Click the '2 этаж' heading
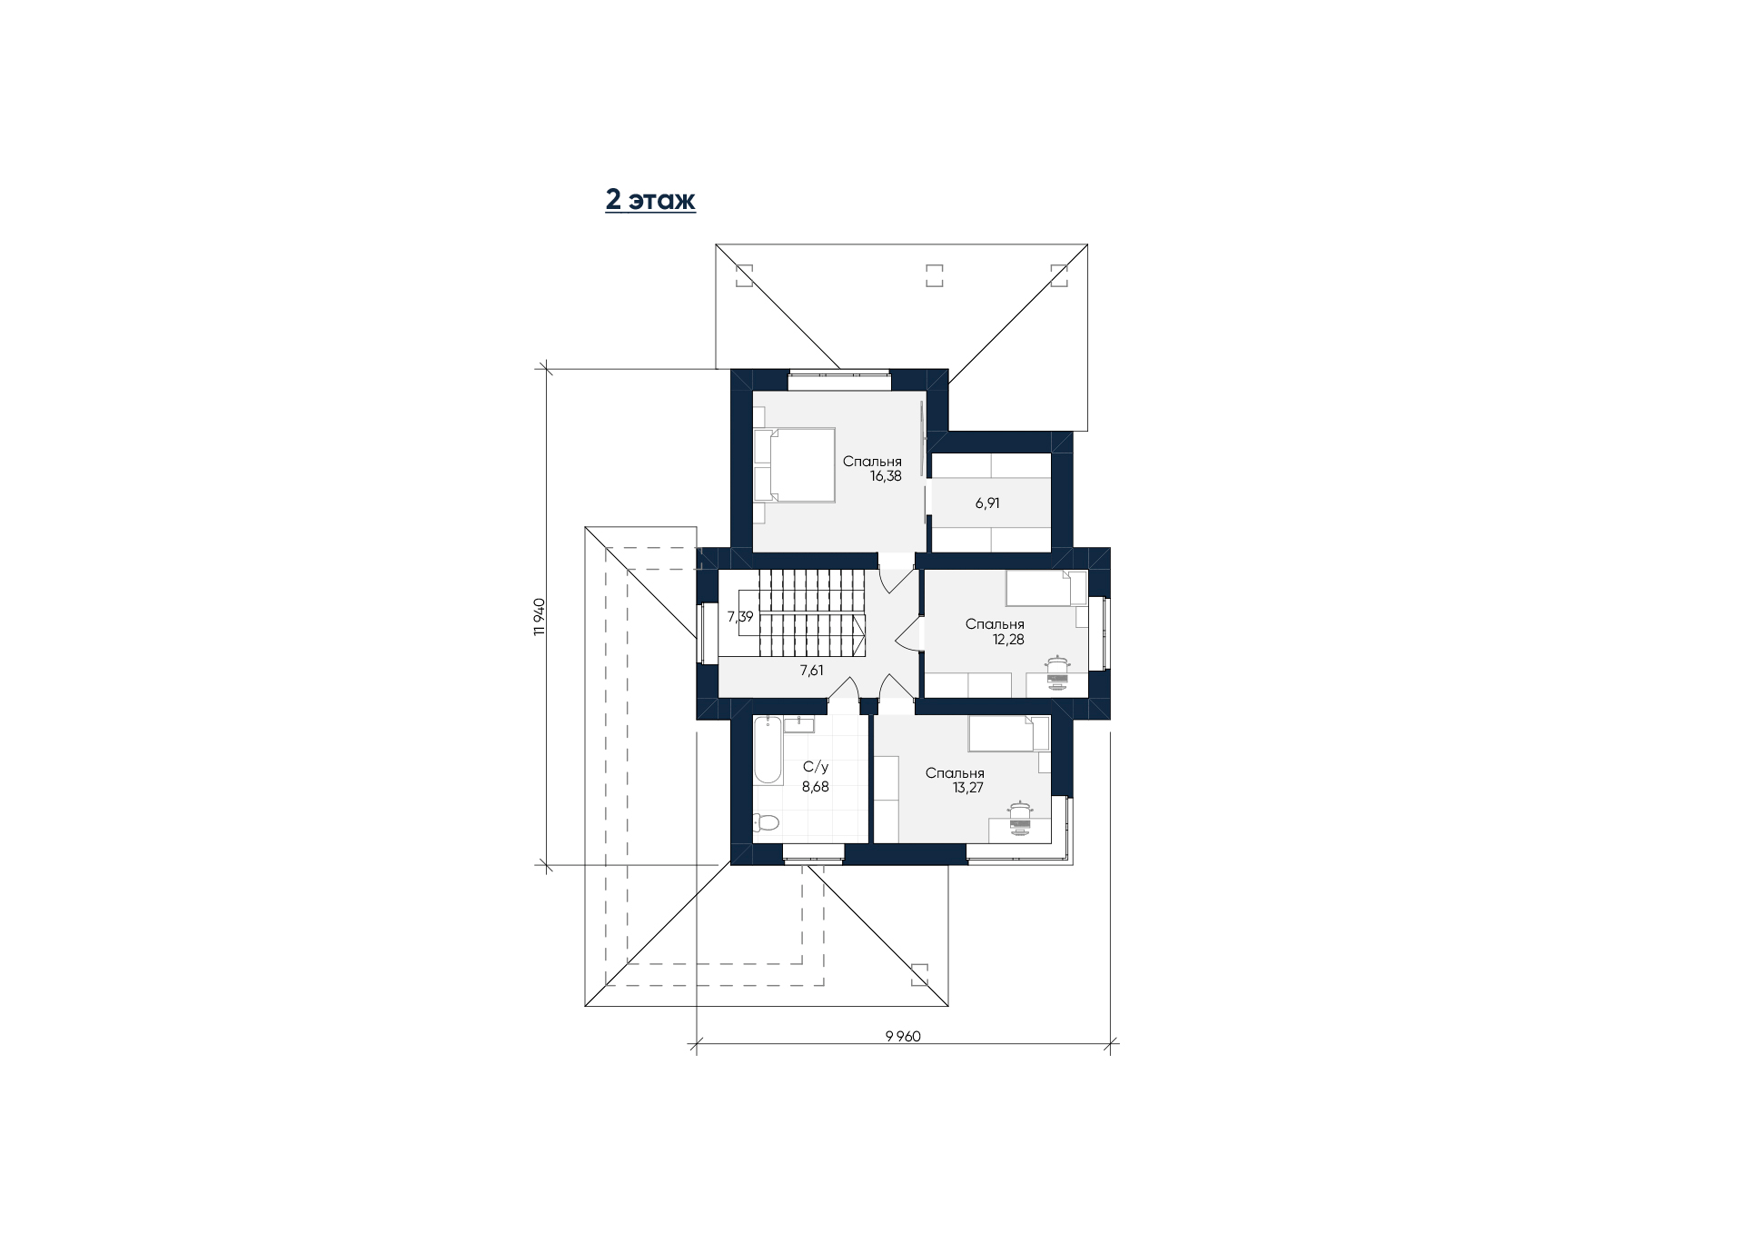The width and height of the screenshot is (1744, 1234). (x=650, y=200)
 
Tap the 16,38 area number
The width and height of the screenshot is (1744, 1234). (x=886, y=476)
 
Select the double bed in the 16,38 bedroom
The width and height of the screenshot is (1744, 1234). (x=794, y=464)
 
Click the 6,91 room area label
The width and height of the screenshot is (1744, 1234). (x=987, y=503)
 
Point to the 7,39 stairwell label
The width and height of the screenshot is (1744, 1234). (x=740, y=616)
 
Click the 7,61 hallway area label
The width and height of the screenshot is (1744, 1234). (x=812, y=671)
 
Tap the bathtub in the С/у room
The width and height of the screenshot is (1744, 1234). (x=768, y=750)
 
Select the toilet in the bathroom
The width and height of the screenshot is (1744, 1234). (x=766, y=823)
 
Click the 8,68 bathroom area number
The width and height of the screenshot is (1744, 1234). (x=815, y=787)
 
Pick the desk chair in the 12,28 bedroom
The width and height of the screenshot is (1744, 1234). (x=1057, y=673)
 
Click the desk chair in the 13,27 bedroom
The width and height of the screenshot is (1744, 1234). (x=1021, y=818)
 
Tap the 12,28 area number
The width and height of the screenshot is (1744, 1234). (x=1008, y=639)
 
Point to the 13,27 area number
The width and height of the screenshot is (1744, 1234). (x=968, y=788)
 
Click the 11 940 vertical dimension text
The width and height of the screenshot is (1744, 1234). (x=539, y=617)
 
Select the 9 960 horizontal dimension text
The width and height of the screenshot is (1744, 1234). (x=903, y=1037)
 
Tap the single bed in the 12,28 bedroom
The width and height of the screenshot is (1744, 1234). (x=1045, y=588)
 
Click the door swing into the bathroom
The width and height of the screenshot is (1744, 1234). (x=843, y=688)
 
